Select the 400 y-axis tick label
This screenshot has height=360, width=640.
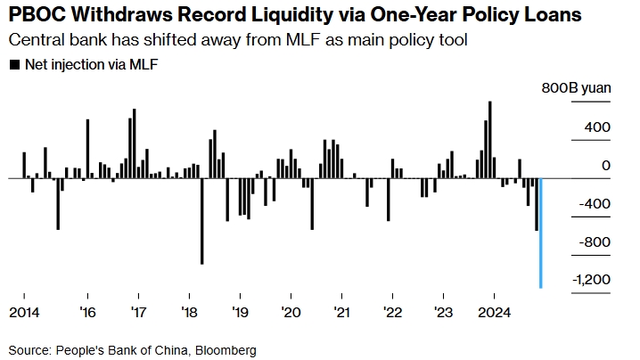pos(597,127)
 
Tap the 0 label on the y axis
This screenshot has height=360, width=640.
pos(606,166)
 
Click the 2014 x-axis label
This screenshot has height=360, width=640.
pos(25,313)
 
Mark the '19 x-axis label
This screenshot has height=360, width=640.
pos(240,313)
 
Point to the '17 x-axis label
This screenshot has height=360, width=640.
pos(138,313)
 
